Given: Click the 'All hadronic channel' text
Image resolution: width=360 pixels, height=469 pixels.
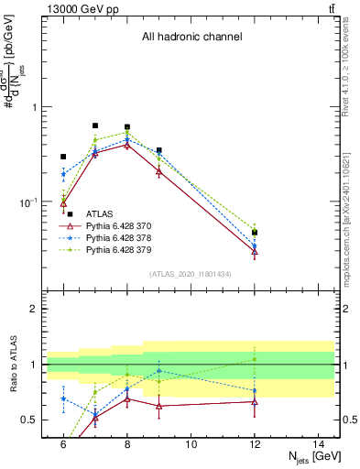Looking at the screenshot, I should [191, 37].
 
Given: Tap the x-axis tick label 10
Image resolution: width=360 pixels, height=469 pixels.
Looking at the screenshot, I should [191, 443].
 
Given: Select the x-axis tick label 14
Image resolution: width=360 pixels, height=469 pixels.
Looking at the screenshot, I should [319, 443].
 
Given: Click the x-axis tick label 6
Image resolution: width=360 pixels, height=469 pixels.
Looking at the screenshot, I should [63, 443].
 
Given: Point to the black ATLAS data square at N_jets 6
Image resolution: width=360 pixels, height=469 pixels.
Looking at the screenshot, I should [63, 157].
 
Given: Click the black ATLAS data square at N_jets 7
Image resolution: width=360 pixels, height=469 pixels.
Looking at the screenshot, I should [95, 125].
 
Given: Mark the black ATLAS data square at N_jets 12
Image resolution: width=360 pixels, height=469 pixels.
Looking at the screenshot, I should [255, 233].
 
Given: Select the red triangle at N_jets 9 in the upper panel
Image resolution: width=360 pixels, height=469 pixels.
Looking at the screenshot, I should [159, 170].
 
